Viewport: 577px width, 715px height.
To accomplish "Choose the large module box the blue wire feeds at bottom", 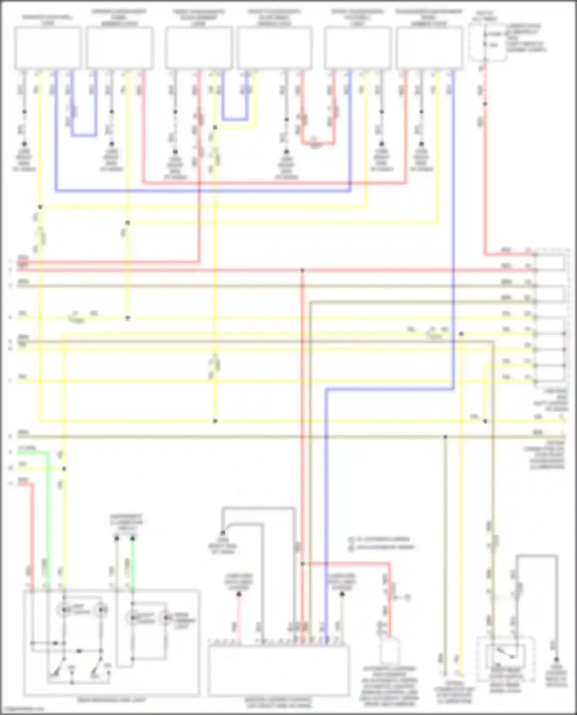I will pos(278,670).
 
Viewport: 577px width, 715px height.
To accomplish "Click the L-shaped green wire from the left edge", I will pos(48,499).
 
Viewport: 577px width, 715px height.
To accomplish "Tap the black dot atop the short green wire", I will pos(132,539).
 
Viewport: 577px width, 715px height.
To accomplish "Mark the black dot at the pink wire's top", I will pos(238,594).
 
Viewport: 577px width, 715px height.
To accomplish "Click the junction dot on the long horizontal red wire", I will pos(302,270).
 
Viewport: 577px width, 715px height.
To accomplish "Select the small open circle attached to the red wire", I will pos(408,597).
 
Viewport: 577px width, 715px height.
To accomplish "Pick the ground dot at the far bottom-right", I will pos(556,659).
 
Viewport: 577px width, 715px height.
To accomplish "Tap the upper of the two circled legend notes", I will pos(351,539).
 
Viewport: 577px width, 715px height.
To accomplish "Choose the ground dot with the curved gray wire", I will pos(223,533).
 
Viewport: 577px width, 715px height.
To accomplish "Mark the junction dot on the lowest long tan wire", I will pos(445,437).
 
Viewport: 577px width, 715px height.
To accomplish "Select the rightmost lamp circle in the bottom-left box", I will pos(166,618).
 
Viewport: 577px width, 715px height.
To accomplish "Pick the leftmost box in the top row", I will pos(48,48).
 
